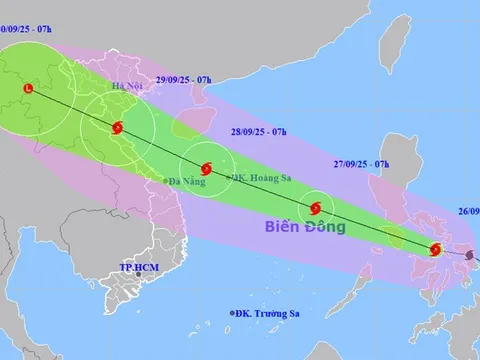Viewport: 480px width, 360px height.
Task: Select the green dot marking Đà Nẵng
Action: click(x=165, y=180)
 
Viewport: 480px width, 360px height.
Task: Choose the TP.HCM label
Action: click(x=139, y=268)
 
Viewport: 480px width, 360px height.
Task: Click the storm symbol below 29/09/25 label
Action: click(x=118, y=128)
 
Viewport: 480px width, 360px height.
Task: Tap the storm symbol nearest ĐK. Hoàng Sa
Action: click(x=205, y=169)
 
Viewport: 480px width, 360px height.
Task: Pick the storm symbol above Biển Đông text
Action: click(x=316, y=209)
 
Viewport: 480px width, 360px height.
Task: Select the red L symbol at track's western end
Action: click(x=27, y=89)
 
